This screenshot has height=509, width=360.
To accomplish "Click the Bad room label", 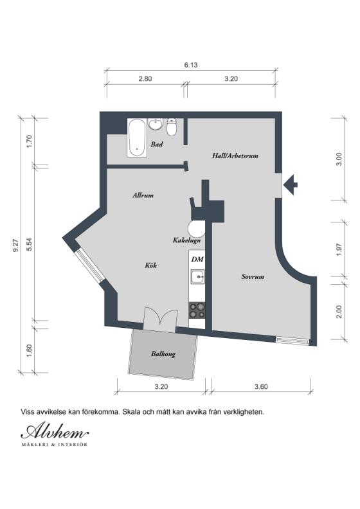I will coord(157,145).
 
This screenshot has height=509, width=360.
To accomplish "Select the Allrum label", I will coord(143,195).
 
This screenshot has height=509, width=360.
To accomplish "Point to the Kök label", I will coord(151,265).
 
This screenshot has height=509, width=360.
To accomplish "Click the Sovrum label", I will coord(253,277).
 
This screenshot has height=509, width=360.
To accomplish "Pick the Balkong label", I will coord(163,353).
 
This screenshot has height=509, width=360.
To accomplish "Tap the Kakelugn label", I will coord(187,240).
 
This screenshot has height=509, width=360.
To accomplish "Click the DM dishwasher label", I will coord(197,258).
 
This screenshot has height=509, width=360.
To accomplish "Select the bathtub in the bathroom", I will coord(136,137).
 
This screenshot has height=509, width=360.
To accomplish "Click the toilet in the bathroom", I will coord(172,124).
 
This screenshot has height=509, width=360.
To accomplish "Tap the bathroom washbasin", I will coord(156,124).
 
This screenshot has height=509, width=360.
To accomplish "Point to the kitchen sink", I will coord(197,278).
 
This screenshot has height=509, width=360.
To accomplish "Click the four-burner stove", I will coord(197,310).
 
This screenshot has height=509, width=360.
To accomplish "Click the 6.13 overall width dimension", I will coord(190,64).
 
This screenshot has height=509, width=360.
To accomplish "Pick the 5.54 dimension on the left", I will coord(29,245).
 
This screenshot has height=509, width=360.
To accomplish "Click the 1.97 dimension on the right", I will coord(339,249).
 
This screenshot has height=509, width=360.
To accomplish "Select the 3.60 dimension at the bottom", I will coord(261,387).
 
